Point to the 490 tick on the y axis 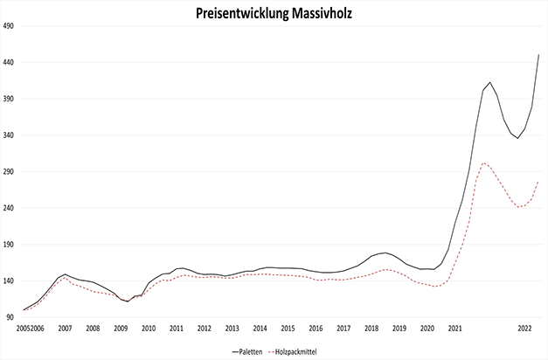(10, 25)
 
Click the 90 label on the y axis (12, 318)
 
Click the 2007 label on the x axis (65, 329)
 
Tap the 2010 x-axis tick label (149, 329)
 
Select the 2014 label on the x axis (260, 329)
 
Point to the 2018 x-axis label (371, 329)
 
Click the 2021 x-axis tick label (454, 329)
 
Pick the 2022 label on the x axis (525, 329)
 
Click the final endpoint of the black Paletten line (538, 55)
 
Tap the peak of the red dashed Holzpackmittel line (484, 163)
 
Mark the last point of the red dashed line (538, 182)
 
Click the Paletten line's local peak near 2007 (65, 274)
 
